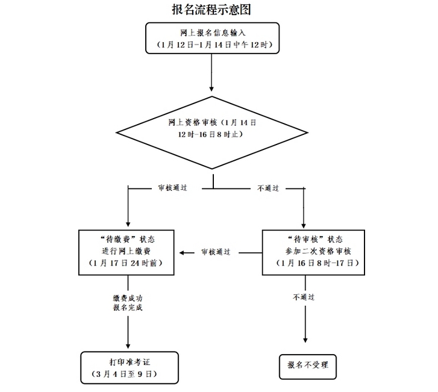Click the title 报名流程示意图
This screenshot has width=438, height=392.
(211, 10)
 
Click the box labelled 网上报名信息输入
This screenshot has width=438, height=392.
(211, 38)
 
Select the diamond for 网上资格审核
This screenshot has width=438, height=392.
(212, 129)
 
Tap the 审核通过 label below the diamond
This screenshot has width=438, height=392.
(172, 188)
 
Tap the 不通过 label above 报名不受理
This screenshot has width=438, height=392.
(304, 297)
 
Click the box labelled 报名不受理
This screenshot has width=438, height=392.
(307, 365)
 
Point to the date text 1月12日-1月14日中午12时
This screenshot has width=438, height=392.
(211, 45)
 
